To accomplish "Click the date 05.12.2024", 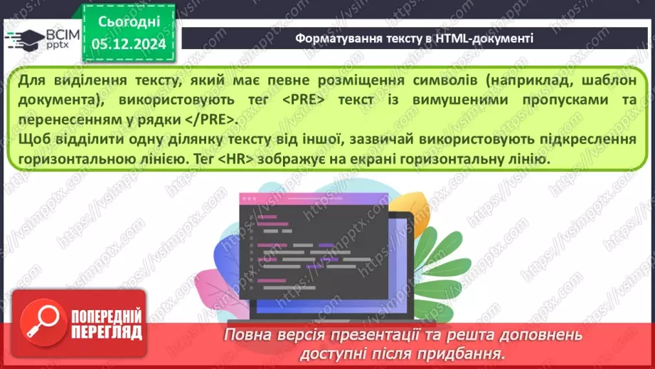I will (129, 44).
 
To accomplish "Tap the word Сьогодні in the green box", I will (129, 23).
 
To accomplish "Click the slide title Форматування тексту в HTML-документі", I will (415, 38).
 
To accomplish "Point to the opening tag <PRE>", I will (307, 99).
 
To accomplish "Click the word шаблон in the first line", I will (603, 80).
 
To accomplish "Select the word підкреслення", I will (590, 139).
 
